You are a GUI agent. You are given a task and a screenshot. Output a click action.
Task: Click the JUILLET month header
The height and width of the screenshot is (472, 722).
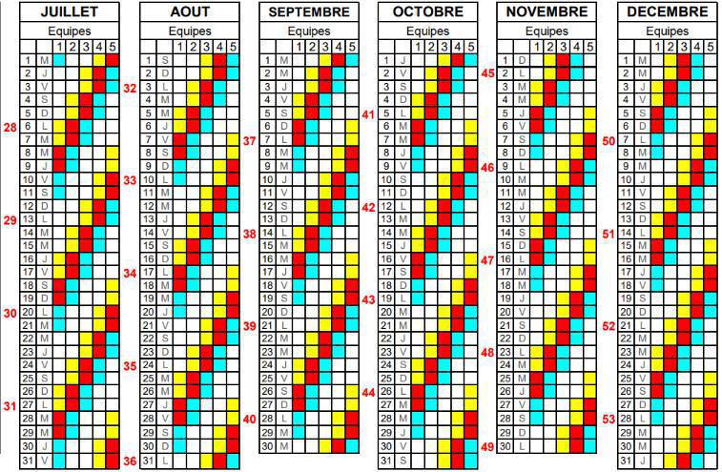(x=70, y=12)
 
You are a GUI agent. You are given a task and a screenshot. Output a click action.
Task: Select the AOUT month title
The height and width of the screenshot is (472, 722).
(x=189, y=12)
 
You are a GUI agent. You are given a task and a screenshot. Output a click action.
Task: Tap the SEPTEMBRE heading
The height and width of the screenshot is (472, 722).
(x=308, y=12)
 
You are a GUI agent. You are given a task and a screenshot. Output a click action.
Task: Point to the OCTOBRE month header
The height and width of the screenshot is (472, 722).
(x=427, y=12)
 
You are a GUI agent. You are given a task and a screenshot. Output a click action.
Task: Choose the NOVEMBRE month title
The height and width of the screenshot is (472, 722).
(x=547, y=12)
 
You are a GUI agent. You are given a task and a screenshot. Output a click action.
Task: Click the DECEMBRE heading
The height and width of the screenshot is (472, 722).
(x=667, y=12)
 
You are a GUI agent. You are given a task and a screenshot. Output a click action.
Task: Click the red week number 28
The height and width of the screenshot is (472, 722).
(x=10, y=127)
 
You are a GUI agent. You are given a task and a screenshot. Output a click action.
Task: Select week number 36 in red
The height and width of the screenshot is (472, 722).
(x=130, y=462)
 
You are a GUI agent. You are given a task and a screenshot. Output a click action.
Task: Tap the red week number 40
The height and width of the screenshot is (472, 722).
(x=249, y=419)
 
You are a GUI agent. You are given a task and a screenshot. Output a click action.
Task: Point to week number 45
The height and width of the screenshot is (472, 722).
(x=487, y=73)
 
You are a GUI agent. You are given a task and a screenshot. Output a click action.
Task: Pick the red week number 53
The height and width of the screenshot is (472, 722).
(x=608, y=419)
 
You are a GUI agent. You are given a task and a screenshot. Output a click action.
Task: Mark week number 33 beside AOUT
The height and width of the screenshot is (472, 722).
(x=130, y=179)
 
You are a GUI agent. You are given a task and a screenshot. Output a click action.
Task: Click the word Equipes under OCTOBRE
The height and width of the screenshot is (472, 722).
(x=427, y=31)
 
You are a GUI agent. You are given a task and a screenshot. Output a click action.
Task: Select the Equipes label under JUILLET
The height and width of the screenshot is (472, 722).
(x=70, y=31)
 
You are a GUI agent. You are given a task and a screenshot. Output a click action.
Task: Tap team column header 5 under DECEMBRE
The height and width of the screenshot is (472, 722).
(x=710, y=47)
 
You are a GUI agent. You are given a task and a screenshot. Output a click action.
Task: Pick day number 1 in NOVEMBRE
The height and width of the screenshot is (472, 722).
(x=506, y=61)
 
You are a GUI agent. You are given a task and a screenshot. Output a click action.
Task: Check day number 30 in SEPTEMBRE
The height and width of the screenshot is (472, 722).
(x=267, y=446)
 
